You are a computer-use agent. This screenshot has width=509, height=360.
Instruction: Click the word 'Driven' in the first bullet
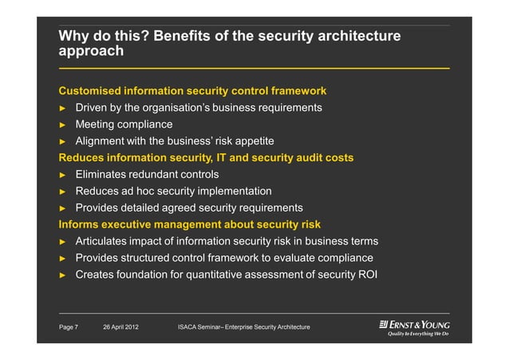93,108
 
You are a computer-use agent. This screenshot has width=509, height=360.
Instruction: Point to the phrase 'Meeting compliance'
124,125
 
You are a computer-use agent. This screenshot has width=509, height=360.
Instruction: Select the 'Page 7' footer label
69,328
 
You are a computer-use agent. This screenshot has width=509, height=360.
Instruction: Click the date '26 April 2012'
121,328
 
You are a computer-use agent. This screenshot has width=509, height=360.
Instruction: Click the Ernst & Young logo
414,328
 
